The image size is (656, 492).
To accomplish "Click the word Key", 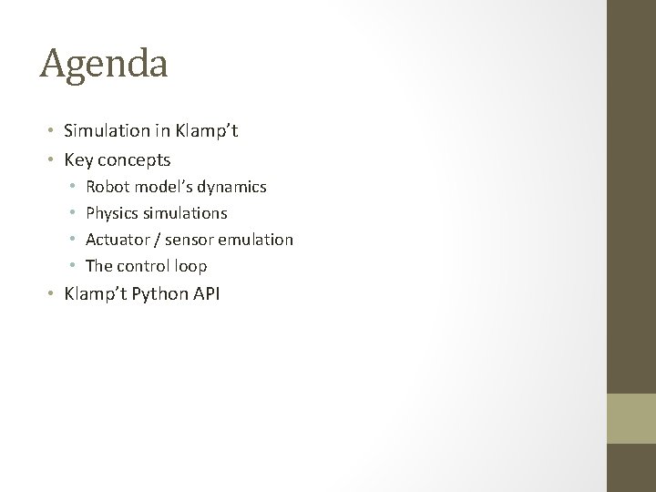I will click(78, 160).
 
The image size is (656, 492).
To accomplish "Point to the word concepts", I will click(134, 160).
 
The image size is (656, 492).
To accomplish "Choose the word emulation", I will click(255, 240).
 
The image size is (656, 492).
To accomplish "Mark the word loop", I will click(191, 266).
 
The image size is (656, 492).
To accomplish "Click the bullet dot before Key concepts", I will click(53, 161).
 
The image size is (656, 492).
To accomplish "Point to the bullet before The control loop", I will click(73, 267).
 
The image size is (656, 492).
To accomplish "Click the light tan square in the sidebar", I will click(631, 417).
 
